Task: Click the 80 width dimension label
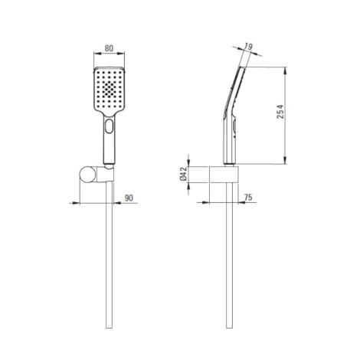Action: pyautogui.click(x=109, y=48)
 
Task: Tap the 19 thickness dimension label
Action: pyautogui.click(x=248, y=47)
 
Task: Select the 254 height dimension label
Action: pyautogui.click(x=280, y=111)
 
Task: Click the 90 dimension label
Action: pyautogui.click(x=129, y=198)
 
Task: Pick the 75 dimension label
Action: pyautogui.click(x=248, y=197)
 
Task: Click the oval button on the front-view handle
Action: pyautogui.click(x=109, y=126)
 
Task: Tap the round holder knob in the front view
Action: pyautogui.click(x=88, y=175)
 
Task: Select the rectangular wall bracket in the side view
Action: pyautogui.click(x=224, y=175)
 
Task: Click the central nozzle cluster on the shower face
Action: pyautogui.click(x=110, y=89)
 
